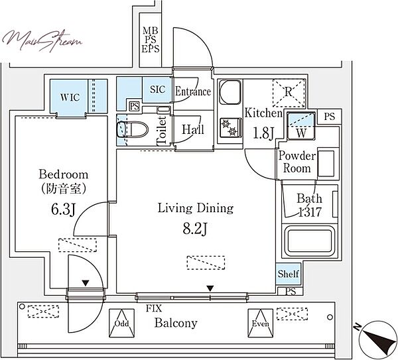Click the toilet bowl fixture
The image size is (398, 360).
point(132,129)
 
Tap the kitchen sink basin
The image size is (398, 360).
point(230,92)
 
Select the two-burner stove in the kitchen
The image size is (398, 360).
point(230,127)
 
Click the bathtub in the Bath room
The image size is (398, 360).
point(308,241)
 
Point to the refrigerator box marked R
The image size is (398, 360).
point(289,93)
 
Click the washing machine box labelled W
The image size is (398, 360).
point(301,126)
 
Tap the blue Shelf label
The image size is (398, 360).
point(289,274)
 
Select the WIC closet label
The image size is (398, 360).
point(70,97)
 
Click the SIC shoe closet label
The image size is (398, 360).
point(157,90)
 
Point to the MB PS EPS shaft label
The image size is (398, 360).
point(151,40)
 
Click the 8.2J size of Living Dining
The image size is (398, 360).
point(196,229)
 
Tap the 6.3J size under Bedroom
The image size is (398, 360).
point(63,210)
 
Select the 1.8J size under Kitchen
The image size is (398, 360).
point(263,133)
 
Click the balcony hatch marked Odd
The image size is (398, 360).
point(121,323)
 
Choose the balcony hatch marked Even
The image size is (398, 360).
point(261,324)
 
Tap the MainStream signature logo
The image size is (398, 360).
point(42,40)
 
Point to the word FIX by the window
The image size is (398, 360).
point(154,308)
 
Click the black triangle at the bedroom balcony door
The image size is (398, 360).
point(86,283)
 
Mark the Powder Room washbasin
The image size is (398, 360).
point(326,163)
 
